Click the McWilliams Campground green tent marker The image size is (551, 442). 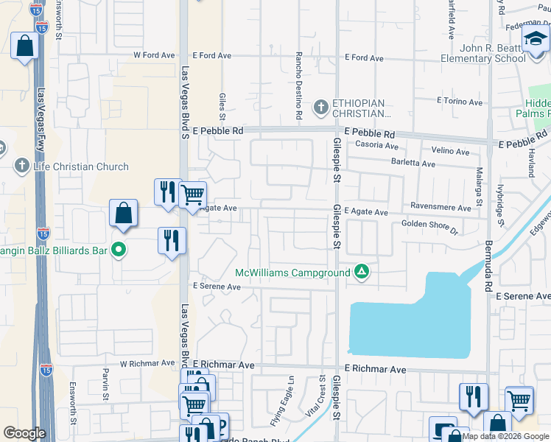[361, 272]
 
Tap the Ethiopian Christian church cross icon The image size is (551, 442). [320, 108]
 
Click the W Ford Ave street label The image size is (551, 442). [154, 55]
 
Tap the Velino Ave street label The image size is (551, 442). [450, 152]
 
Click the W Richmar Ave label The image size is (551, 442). [145, 364]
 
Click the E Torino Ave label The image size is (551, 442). [458, 99]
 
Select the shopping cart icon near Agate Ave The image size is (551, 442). [192, 194]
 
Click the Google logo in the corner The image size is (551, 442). [24, 433]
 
